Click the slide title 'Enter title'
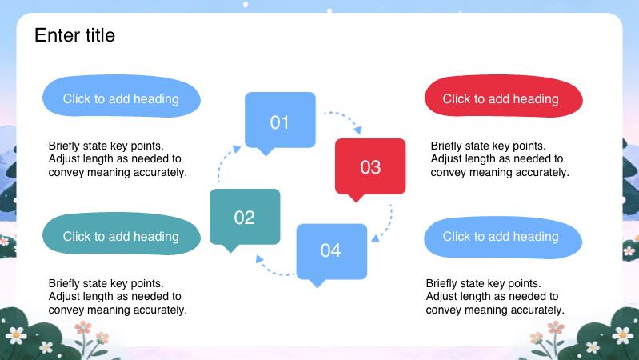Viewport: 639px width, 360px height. tap(74, 35)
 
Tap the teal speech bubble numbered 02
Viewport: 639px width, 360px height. tap(245, 216)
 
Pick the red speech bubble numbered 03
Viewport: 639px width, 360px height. tap(370, 166)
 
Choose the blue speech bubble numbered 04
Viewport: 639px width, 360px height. tap(331, 250)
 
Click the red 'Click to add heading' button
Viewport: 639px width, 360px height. tap(503, 98)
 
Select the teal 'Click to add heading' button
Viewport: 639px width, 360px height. tap(121, 236)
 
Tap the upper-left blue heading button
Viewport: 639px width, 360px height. tap(121, 98)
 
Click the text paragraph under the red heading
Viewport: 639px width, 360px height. tap(499, 158)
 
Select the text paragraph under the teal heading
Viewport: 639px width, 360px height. tap(118, 296)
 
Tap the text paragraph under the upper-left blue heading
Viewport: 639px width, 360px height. tap(118, 158)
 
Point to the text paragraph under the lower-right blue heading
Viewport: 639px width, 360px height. tap(495, 296)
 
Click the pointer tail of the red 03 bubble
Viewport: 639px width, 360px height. tap(357, 198)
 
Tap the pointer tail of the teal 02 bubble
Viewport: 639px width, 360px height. tap(230, 248)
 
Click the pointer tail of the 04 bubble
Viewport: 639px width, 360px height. tap(318, 282)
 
